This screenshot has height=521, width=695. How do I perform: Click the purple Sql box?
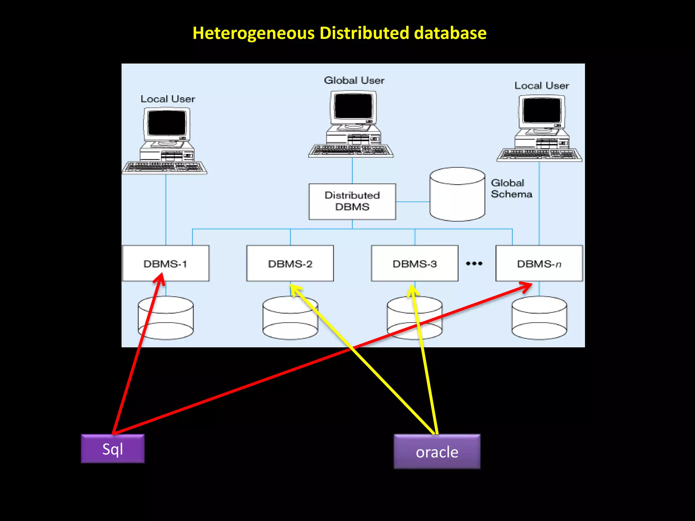113,448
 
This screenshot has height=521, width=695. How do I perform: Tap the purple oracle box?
437,451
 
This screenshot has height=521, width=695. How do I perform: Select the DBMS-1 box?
166,263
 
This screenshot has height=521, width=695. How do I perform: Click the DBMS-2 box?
290,263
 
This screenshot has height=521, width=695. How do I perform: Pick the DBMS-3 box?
414,263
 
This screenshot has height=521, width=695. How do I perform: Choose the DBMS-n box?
539,263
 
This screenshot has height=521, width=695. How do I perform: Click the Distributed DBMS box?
352,201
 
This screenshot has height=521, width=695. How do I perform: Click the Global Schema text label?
511,188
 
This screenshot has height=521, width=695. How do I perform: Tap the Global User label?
354,80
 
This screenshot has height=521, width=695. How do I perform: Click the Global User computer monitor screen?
353,106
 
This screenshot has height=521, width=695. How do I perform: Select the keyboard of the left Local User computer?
165,168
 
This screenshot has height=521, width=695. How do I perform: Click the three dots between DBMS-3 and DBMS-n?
474,264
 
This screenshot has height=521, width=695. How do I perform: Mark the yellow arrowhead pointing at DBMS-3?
412,290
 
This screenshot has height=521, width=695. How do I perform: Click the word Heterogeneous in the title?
253,33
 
